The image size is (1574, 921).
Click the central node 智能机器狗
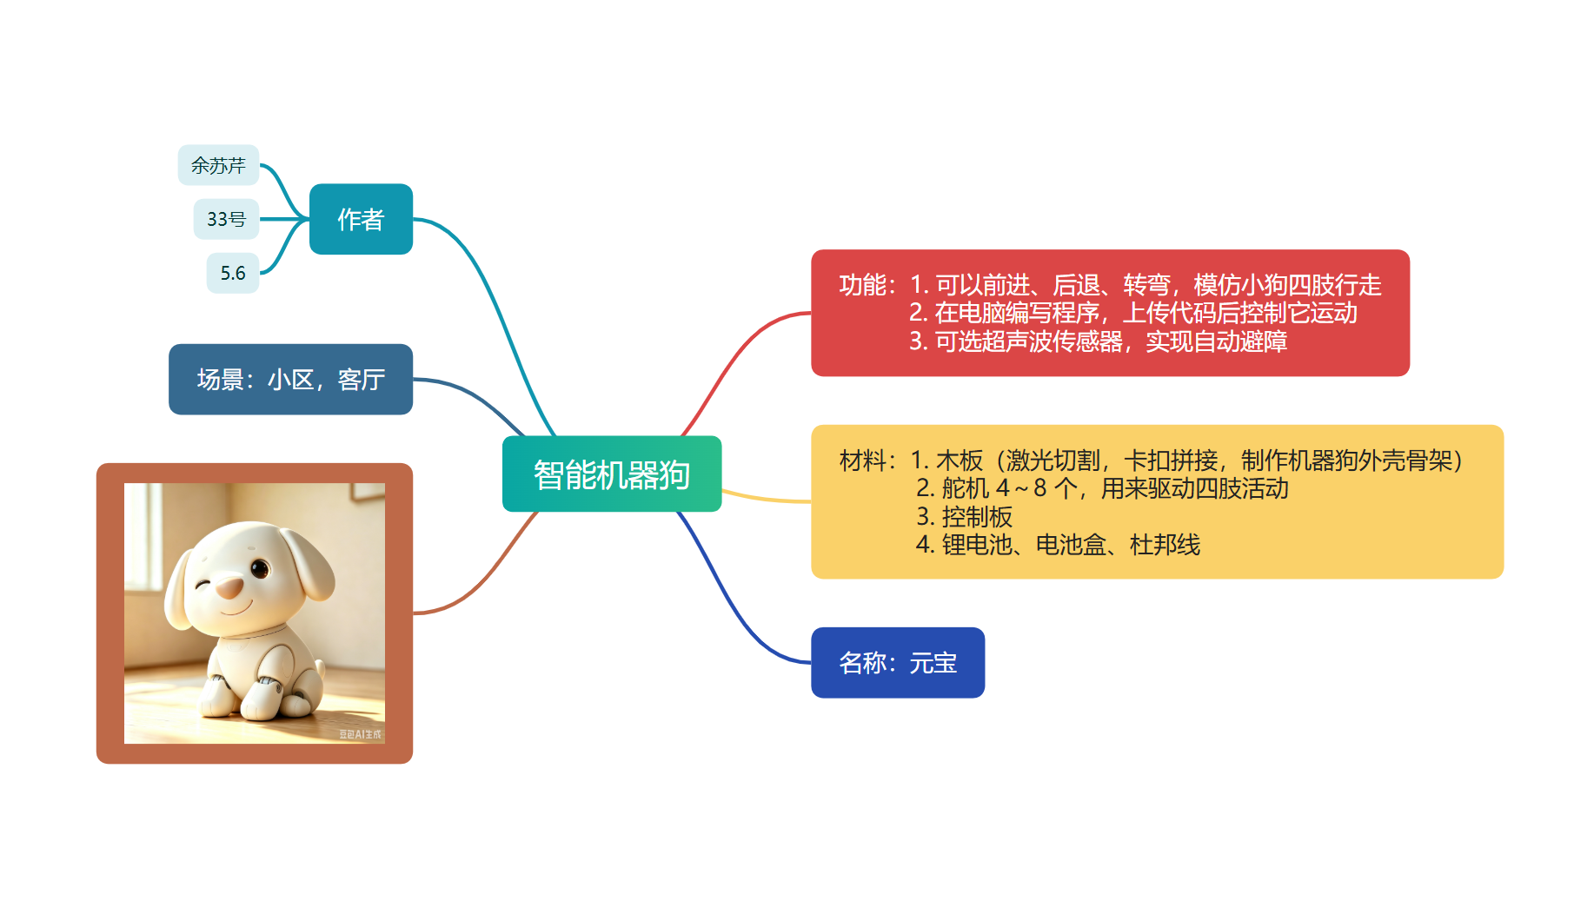[x=612, y=474]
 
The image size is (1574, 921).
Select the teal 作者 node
[x=361, y=219]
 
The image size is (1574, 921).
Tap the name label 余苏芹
[x=218, y=165]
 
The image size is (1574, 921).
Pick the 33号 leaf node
[x=226, y=219]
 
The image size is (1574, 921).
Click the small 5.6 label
[x=233, y=273]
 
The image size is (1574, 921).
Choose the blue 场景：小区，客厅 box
[x=290, y=380]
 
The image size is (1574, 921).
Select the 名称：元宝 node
[x=898, y=663]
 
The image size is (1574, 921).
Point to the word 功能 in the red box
[x=862, y=285]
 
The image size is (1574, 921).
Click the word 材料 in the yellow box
[x=862, y=460]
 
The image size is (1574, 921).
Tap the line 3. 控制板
[x=964, y=517]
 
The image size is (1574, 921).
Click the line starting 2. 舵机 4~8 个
[x=1102, y=488]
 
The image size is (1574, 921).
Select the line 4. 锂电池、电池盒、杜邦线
[x=1058, y=545]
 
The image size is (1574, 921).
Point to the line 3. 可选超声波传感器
[x=1098, y=341]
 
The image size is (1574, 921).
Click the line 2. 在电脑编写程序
[x=1133, y=313]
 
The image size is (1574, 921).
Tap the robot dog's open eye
[x=260, y=569]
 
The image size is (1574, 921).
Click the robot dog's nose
[x=229, y=589]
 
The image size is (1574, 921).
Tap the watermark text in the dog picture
[x=360, y=734]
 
